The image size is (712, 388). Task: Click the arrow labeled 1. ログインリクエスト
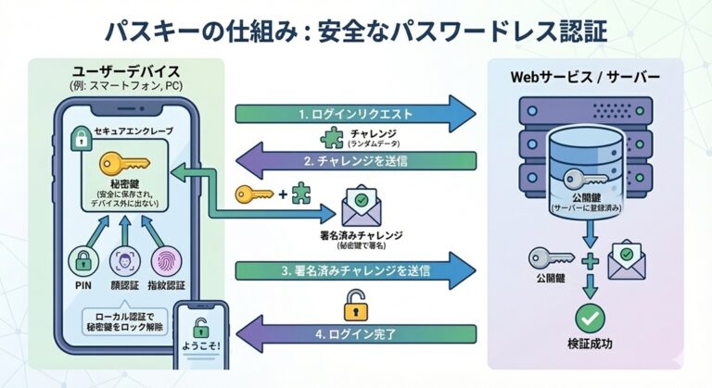352,114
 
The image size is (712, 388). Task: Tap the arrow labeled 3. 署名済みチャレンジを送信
352,270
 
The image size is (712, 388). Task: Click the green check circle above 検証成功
589,319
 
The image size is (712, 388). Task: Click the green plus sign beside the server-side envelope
588,261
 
